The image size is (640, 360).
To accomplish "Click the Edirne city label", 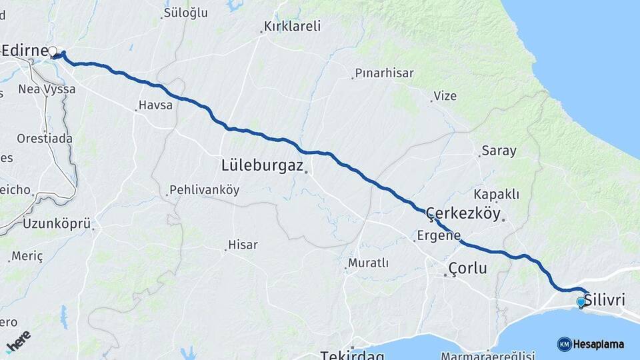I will coord(25,51).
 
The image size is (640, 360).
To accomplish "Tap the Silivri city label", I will coord(604,301).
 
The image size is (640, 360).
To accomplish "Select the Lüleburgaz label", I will coord(263,165).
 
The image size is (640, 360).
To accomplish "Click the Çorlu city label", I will coord(467,268).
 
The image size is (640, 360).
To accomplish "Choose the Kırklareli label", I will coord(292,27).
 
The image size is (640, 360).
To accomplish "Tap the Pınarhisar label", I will coord(384,73).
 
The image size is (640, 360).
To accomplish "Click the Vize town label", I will coord(445,96).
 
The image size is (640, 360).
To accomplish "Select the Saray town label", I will coord(499,151).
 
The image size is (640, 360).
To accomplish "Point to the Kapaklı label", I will coord(496,194).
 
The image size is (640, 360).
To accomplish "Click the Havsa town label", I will coord(155,105).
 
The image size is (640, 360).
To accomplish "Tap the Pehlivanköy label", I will coord(204,190).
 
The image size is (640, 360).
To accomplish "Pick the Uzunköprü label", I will coord(57,224).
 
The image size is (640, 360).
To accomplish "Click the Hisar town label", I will coord(243,245).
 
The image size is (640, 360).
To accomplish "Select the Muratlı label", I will coord(370,263).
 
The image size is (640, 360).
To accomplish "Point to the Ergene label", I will coord(439,235).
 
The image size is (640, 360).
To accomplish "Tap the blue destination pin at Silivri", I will coord(581,303).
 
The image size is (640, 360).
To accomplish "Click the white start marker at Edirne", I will coord(53,51).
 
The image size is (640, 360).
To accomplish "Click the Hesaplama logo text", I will coord(599,345).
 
